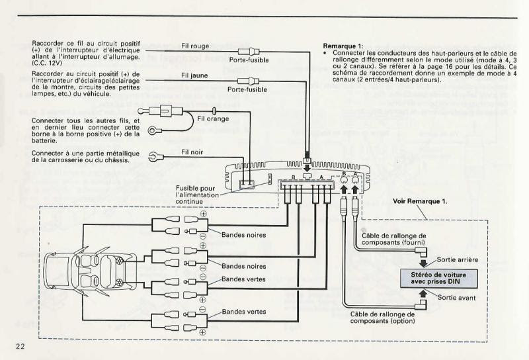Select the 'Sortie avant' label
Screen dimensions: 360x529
click(457, 298)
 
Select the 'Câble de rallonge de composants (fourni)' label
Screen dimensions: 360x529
click(394, 239)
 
